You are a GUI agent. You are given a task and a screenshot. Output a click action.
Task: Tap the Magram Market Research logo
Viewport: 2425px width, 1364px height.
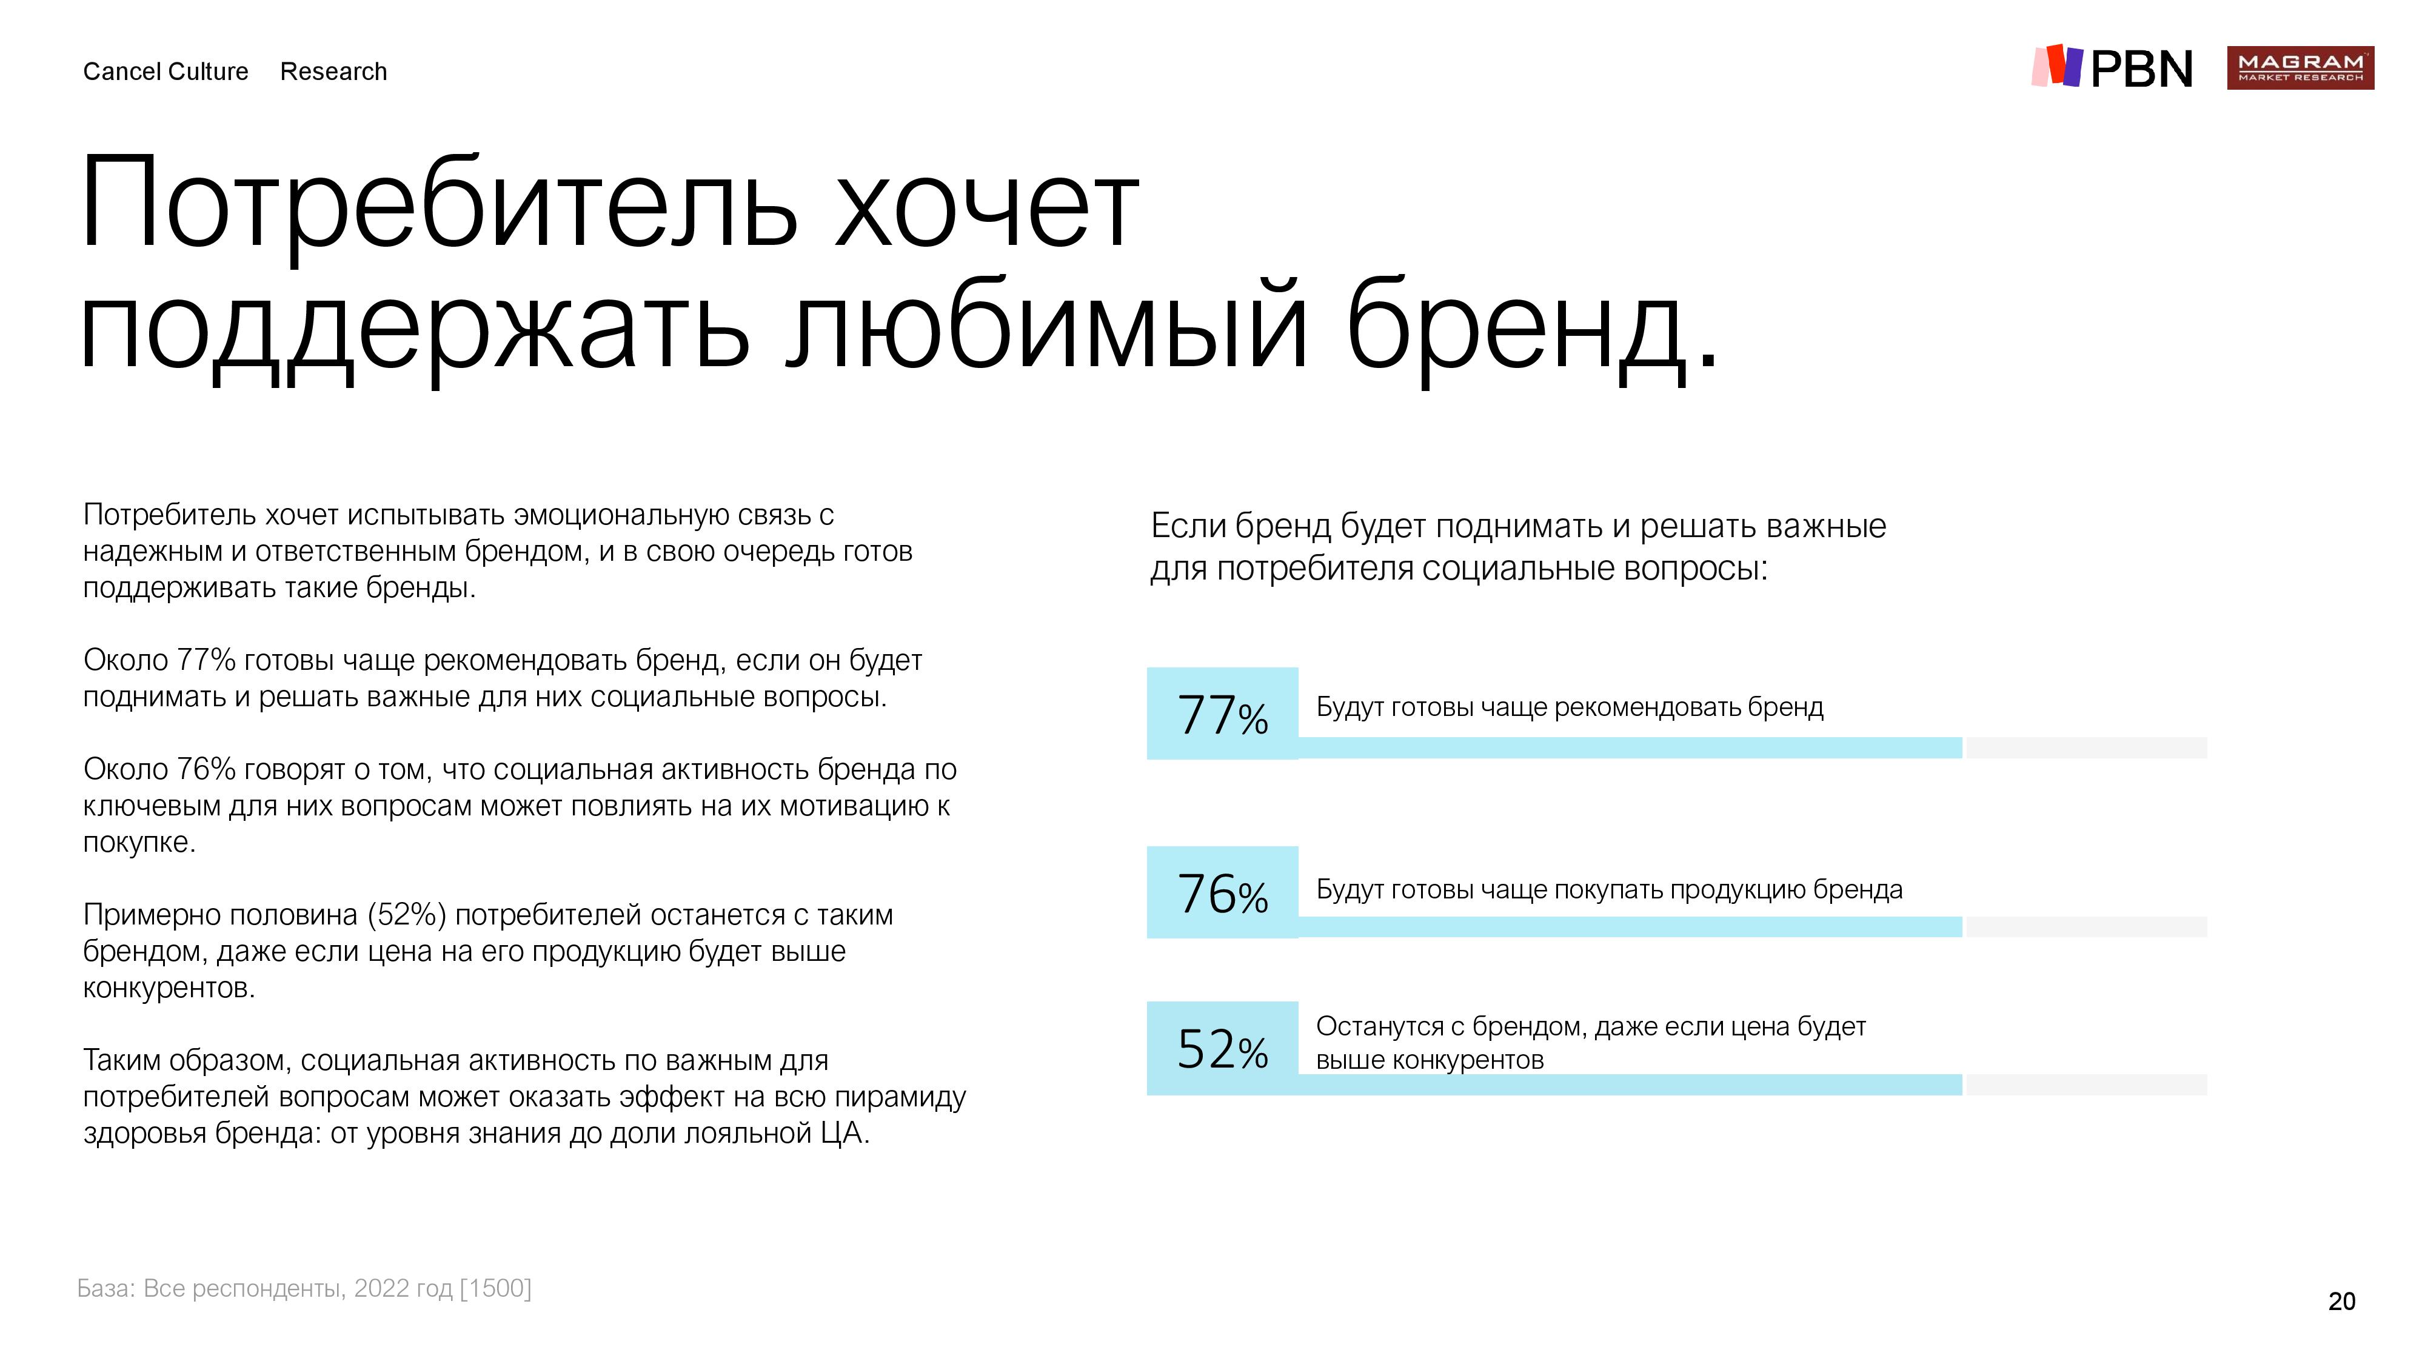coord(2300,68)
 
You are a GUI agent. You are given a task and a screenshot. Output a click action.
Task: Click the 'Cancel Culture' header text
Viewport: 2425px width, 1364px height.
coord(166,72)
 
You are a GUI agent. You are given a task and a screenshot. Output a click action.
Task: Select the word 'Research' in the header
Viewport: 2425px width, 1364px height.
coord(333,72)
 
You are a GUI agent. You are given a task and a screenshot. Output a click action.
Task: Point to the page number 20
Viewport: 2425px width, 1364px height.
coord(2341,1301)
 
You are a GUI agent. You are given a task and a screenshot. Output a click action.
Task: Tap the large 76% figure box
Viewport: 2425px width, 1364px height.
coord(1222,892)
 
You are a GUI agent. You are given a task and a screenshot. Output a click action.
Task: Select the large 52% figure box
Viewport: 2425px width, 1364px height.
coord(1222,1048)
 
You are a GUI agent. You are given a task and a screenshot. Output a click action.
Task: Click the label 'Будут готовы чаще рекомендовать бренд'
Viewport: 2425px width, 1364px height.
coord(1570,707)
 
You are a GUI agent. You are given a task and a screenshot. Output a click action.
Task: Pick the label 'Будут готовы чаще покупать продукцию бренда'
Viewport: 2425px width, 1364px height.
coord(1609,889)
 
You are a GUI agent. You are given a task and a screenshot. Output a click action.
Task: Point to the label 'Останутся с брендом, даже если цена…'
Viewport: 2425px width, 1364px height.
coord(1590,1043)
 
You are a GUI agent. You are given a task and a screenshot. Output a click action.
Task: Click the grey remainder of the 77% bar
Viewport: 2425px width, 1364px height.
coord(2086,747)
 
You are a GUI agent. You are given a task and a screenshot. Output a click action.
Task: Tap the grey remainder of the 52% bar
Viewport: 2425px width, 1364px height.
coord(2086,1085)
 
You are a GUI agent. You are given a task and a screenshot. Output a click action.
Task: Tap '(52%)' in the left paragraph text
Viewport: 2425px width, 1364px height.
coord(407,915)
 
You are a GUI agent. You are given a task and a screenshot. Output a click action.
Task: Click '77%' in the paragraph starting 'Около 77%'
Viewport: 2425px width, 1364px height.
coord(206,660)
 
